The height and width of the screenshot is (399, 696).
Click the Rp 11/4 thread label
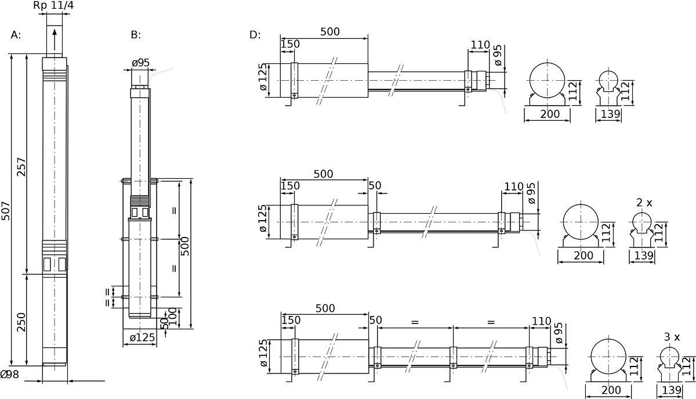coord(53,5)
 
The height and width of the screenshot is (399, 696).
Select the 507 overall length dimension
coord(6,211)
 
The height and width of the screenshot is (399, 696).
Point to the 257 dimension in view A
coord(21,167)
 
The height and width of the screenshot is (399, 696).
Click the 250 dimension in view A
coord(21,322)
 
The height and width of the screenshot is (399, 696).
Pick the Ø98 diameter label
coord(10,375)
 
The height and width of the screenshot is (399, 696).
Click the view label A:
coord(16,35)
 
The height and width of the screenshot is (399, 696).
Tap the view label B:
coord(136,35)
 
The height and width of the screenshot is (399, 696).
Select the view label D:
coord(255,35)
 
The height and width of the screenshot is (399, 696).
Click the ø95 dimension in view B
coord(140,63)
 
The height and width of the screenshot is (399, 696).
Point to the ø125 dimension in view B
coord(142,337)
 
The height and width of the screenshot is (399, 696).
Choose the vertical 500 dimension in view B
coord(185,246)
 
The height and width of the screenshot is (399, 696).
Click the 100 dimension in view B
coord(172,317)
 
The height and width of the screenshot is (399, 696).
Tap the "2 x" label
coord(644,203)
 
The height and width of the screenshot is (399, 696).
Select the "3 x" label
coord(672,337)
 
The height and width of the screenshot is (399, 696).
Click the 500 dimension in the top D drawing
coord(330,32)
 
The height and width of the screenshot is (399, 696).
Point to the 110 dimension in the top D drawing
coord(480,45)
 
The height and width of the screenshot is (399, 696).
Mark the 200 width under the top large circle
coord(550,114)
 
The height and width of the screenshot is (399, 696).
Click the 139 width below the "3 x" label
coord(672,390)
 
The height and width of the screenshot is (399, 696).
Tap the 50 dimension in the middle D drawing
coord(375,185)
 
